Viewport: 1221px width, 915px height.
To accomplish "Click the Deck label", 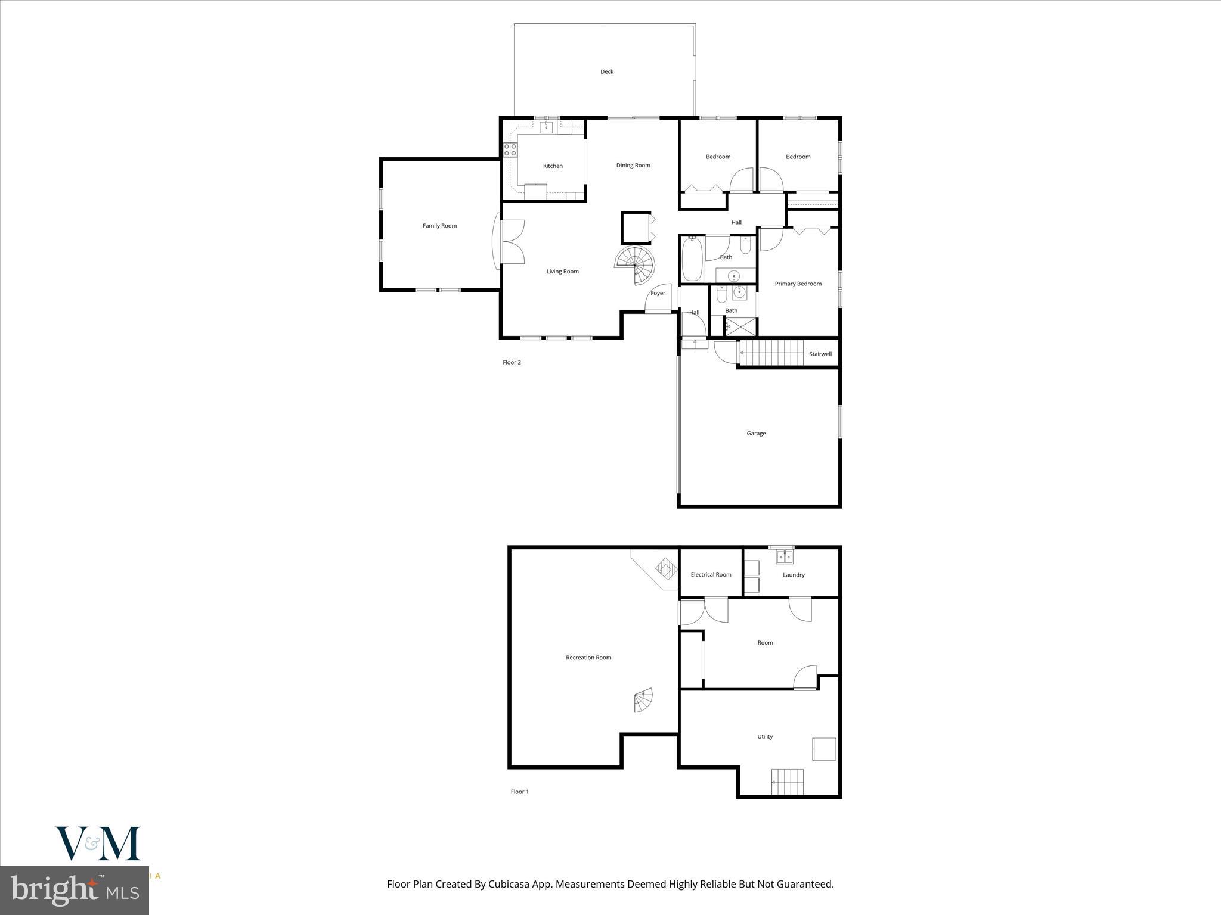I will pyautogui.click(x=606, y=71).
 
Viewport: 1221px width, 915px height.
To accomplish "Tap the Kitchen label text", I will pyautogui.click(x=553, y=166).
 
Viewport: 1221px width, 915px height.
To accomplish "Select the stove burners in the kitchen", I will pyautogui.click(x=510, y=150).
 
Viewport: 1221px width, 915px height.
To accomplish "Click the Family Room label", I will pyautogui.click(x=439, y=226).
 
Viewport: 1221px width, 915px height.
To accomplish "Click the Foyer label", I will pyautogui.click(x=658, y=293).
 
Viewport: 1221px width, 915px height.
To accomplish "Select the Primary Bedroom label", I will pyautogui.click(x=798, y=284).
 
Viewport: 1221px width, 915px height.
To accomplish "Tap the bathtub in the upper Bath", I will pyautogui.click(x=692, y=259).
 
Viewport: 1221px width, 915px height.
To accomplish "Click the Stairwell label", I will pyautogui.click(x=820, y=354).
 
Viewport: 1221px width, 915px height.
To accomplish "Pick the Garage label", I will pyautogui.click(x=756, y=434).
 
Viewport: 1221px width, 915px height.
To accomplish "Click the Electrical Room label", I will pyautogui.click(x=711, y=575).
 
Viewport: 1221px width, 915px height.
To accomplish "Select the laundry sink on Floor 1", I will pyautogui.click(x=785, y=557).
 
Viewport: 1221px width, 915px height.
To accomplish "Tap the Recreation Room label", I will pyautogui.click(x=588, y=658).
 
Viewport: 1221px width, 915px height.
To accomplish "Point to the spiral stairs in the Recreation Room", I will pyautogui.click(x=643, y=701).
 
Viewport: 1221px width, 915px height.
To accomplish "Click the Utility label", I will pyautogui.click(x=765, y=737).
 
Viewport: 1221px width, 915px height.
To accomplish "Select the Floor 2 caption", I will pyautogui.click(x=512, y=362).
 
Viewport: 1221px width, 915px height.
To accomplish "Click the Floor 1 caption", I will pyautogui.click(x=519, y=792).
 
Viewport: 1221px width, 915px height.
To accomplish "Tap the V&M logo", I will pyautogui.click(x=98, y=844).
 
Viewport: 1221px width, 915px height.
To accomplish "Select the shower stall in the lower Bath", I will pyautogui.click(x=741, y=326).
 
